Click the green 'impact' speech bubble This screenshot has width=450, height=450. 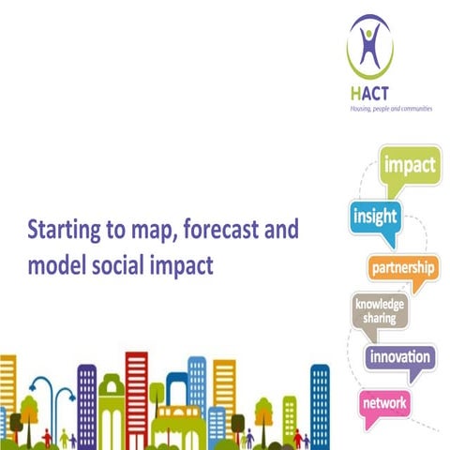(x=410, y=167)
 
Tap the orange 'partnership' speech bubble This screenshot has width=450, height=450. (x=402, y=270)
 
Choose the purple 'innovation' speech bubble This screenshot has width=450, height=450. (x=399, y=358)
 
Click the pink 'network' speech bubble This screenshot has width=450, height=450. (x=385, y=402)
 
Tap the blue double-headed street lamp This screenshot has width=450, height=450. (x=44, y=398)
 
